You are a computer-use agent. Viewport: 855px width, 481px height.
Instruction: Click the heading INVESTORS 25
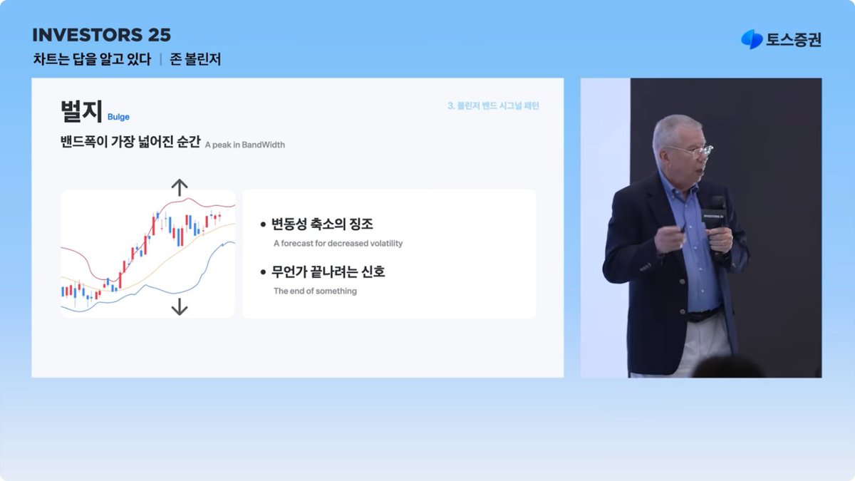[102, 35]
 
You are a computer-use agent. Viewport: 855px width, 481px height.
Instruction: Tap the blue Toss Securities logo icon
[751, 40]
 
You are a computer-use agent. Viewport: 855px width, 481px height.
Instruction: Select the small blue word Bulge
[118, 117]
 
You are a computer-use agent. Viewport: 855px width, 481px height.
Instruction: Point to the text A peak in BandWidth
[244, 145]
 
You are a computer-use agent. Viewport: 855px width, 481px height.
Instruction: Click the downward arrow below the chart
[180, 306]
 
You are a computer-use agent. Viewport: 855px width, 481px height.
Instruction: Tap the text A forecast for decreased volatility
[338, 243]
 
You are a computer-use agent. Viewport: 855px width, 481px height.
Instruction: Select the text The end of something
[315, 291]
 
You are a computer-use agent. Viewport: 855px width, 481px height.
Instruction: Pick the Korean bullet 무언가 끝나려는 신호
[328, 272]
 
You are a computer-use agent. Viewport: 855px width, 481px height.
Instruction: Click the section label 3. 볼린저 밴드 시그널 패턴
[493, 105]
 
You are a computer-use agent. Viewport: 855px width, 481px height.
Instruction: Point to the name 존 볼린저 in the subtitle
[196, 60]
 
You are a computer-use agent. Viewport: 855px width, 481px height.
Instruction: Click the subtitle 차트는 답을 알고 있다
[92, 60]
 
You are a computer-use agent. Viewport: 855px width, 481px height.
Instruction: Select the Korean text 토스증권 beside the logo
[794, 41]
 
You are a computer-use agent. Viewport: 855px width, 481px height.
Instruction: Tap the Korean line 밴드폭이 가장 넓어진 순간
[130, 142]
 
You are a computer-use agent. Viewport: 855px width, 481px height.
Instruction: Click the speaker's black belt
[702, 313]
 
